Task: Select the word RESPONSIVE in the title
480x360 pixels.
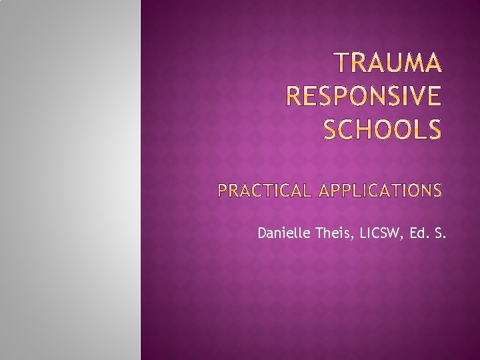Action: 363,97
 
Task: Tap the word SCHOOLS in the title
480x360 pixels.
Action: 382,130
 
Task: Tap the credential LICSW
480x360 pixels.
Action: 379,233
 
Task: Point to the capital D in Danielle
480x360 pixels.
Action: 261,233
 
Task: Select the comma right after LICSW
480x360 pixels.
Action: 401,237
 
